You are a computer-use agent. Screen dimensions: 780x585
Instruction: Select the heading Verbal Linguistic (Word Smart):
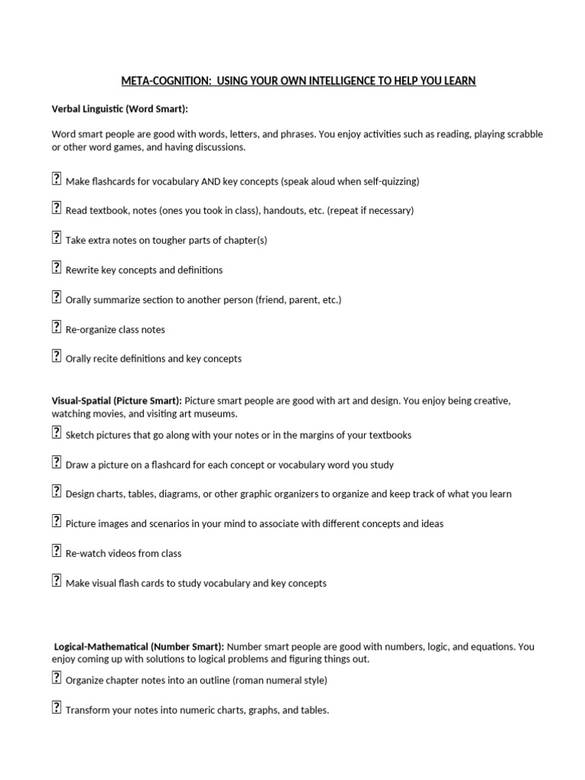click(x=120, y=110)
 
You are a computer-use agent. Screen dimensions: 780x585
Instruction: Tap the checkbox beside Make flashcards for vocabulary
click(x=56, y=179)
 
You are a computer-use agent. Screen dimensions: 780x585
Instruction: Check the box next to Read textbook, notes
click(x=56, y=208)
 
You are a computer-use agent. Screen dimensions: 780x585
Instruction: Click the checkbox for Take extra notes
click(x=56, y=238)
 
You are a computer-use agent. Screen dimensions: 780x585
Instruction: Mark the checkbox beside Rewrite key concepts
click(x=56, y=267)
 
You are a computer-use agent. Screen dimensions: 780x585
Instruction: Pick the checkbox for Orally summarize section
click(x=56, y=297)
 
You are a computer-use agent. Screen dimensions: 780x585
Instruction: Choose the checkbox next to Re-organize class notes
click(x=56, y=327)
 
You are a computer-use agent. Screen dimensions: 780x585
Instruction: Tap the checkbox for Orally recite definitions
click(x=56, y=356)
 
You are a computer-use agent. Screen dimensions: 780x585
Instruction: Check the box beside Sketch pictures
click(x=56, y=433)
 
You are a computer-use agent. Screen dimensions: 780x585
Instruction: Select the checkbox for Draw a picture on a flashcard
click(x=56, y=462)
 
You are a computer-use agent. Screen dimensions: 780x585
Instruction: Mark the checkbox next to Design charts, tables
click(x=56, y=491)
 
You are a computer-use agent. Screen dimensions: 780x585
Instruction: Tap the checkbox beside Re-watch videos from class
click(x=56, y=551)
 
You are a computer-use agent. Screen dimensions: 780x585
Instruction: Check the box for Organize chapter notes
click(x=56, y=678)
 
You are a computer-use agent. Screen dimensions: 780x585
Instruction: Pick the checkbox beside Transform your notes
click(x=56, y=708)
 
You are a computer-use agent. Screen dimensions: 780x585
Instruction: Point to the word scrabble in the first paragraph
click(x=524, y=134)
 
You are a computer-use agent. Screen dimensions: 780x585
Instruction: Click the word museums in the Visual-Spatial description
click(x=218, y=414)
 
